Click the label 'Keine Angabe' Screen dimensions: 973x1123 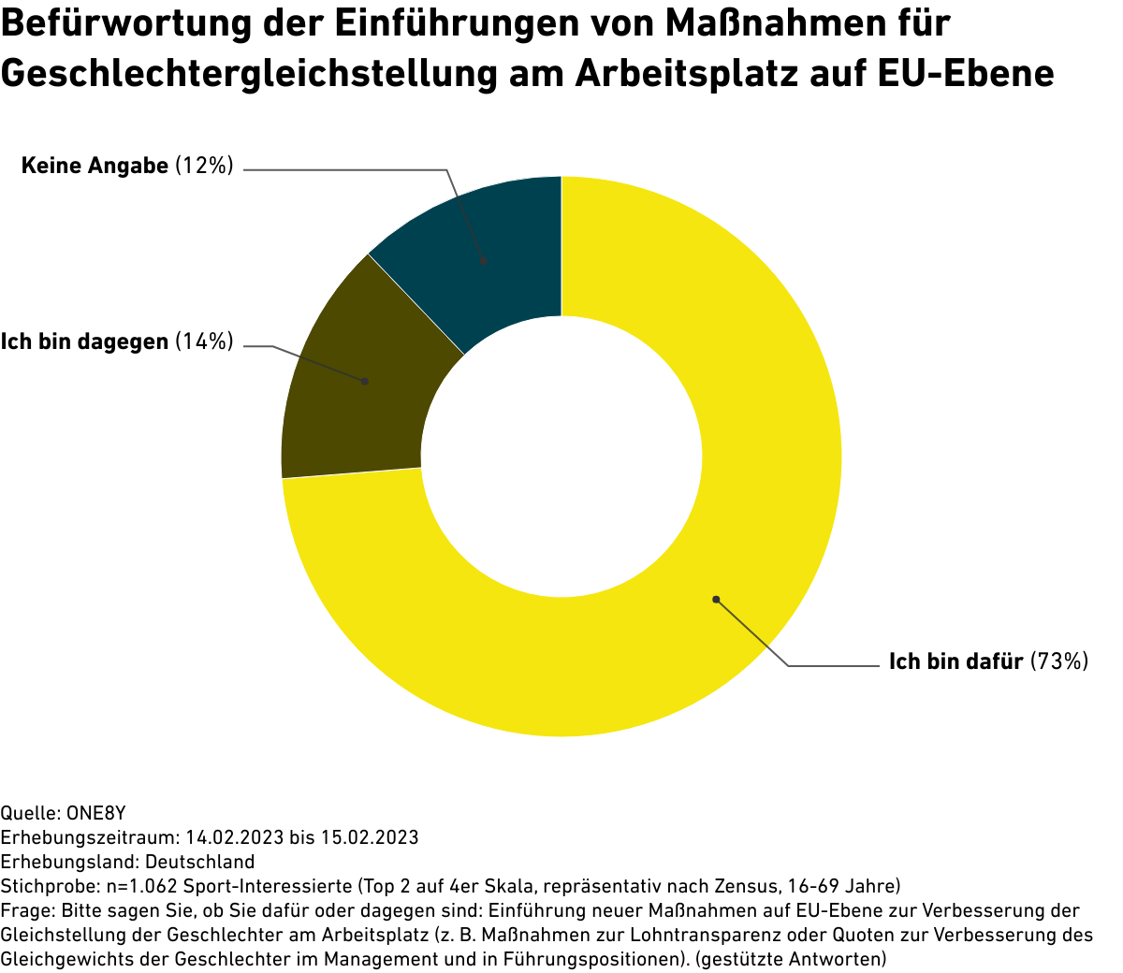[95, 167]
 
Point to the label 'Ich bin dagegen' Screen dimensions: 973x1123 [84, 342]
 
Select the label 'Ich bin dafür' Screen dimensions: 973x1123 [955, 662]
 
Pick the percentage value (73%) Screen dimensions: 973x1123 [1059, 662]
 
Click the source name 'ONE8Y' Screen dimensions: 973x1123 [96, 813]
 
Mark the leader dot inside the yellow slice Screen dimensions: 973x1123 [716, 599]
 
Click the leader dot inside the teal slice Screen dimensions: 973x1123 [483, 262]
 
